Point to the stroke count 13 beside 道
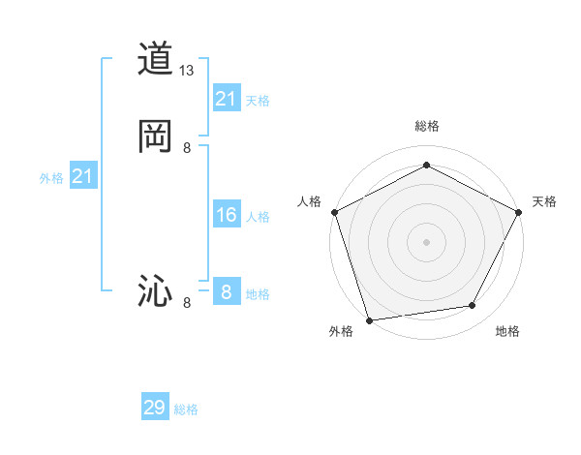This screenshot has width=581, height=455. coord(187,71)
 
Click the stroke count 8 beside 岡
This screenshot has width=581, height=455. coord(187,147)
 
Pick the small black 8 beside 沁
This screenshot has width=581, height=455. coord(187,303)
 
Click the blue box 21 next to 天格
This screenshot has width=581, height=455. coord(227,99)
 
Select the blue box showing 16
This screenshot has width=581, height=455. coord(227,215)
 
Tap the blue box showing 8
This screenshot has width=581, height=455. coord(227,292)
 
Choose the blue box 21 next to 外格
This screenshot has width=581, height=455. coord(83,176)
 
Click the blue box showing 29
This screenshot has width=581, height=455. coord(155,408)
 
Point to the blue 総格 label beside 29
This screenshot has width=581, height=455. coord(186,409)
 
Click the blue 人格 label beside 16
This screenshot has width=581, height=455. coord(258,217)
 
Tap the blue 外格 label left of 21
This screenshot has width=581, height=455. coord(51,178)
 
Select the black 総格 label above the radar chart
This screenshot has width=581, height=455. coord(426,126)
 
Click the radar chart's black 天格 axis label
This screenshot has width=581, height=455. coord(544,201)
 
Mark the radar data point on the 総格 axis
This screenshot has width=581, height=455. coord(426,166)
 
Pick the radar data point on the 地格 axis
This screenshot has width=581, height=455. coord(473,306)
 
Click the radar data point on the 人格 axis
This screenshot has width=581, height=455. coord(334,211)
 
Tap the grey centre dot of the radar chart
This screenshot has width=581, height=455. coord(426,241)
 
